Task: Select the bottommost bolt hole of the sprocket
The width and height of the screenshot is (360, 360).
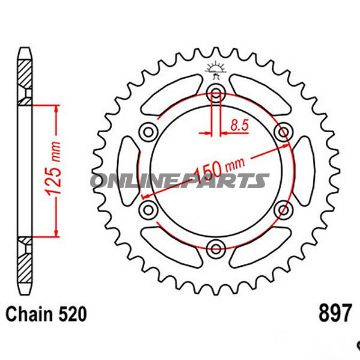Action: pos(215,249)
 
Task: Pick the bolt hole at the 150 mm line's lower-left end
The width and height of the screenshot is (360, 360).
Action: pos(148,210)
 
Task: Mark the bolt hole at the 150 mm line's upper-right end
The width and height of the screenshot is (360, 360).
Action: pos(283,132)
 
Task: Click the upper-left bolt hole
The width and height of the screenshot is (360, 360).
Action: pos(148,132)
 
